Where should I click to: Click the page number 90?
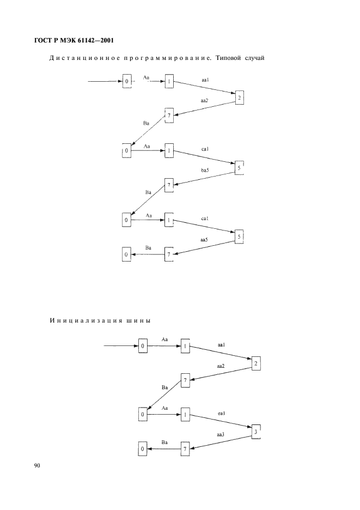pos(36,466)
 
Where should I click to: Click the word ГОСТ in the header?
pos(42,41)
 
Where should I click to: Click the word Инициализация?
pos(86,321)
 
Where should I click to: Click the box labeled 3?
pos(256,432)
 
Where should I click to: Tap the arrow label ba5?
pos(205,170)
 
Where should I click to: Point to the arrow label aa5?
pos(204,240)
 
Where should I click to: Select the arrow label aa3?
pos(221,434)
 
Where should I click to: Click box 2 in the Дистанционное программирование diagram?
pos(239,98)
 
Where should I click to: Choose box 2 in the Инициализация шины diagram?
pos(255,363)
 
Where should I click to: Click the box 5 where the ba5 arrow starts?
pos(239,168)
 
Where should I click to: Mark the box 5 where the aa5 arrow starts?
pos(239,237)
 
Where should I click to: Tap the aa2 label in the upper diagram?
pos(204,101)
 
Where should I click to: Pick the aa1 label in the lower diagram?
pos(221,345)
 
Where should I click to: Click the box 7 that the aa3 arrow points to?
pos(185,449)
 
